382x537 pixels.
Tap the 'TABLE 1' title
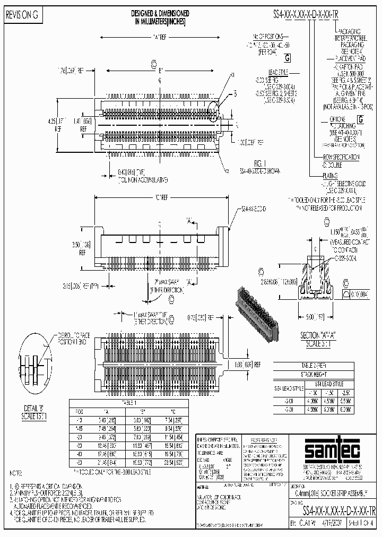tap(129, 403)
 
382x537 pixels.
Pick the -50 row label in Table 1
tap(80, 455)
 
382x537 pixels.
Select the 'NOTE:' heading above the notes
tap(14, 472)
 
